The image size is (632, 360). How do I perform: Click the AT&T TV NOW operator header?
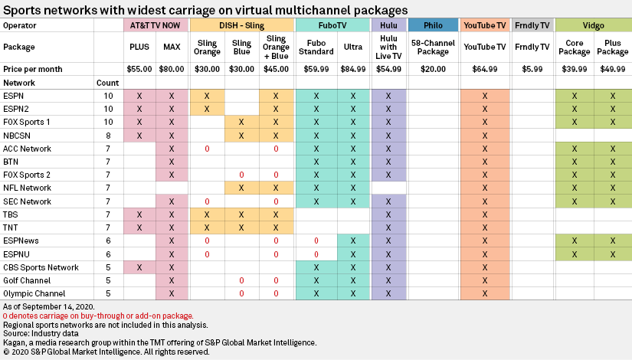(156, 25)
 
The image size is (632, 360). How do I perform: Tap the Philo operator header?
(433, 25)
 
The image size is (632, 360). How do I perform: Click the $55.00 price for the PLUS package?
(139, 69)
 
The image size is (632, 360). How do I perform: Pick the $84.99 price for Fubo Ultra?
(352, 69)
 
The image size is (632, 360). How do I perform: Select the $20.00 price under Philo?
(433, 69)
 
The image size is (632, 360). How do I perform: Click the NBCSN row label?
(17, 135)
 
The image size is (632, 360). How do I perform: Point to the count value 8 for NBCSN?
(108, 135)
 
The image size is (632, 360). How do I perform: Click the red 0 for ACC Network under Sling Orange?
(207, 148)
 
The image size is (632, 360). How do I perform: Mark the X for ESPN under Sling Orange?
(207, 96)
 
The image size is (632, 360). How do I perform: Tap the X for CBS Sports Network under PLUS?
(139, 267)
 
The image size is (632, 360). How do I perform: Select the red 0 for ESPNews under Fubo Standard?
(316, 241)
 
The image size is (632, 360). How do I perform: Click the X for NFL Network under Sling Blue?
(241, 188)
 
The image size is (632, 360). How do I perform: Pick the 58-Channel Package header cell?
(433, 47)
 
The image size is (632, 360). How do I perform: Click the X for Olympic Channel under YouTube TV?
(485, 293)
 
